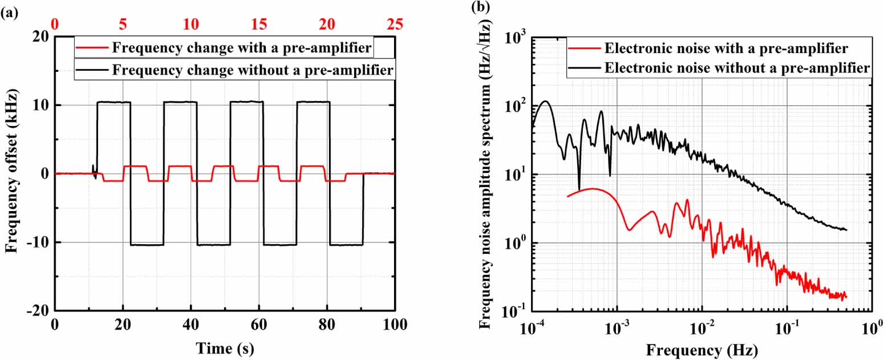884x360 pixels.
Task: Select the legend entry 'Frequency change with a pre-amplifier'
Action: [242, 47]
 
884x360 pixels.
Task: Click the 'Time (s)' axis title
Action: [225, 347]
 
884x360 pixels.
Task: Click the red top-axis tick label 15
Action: [259, 25]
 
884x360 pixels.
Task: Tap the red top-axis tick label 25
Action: [394, 25]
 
